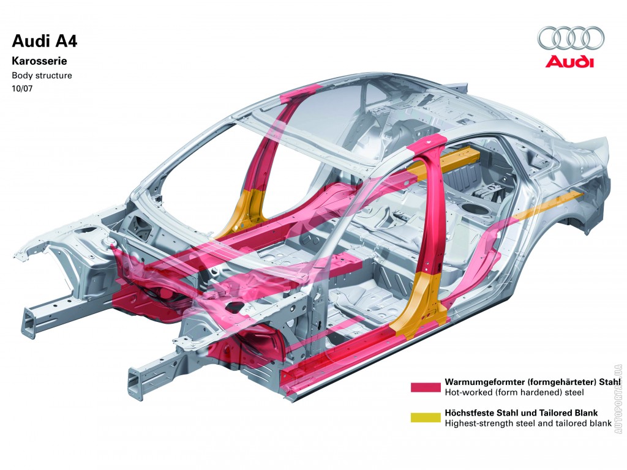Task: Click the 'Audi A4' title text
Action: (x=45, y=42)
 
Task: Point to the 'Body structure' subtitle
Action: (x=42, y=76)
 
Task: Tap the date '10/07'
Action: (x=23, y=89)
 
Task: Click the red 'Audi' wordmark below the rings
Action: (x=569, y=61)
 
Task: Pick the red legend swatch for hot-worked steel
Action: (x=426, y=387)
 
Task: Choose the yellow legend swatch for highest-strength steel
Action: (x=426, y=417)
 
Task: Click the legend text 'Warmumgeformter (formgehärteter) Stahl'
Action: (x=533, y=381)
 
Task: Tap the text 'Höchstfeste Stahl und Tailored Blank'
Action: (x=521, y=412)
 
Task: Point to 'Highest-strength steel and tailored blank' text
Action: (x=528, y=423)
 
